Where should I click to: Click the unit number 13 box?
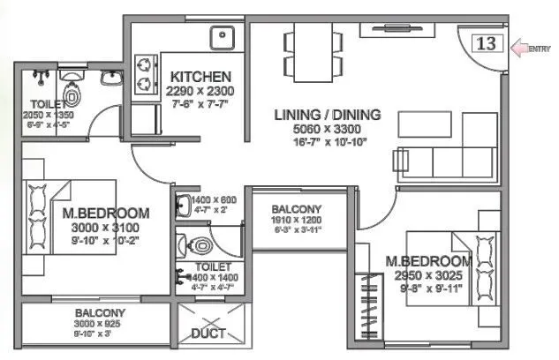(x=487, y=42)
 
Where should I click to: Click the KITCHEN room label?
(x=201, y=77)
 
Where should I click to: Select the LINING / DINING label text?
(x=327, y=114)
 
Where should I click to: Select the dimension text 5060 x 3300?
(x=327, y=129)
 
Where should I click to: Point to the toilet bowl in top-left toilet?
(x=72, y=91)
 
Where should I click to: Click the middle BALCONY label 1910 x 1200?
(x=296, y=209)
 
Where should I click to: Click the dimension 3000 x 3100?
(x=105, y=229)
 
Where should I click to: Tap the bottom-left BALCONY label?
(x=98, y=312)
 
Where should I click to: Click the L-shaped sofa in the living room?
(x=446, y=151)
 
